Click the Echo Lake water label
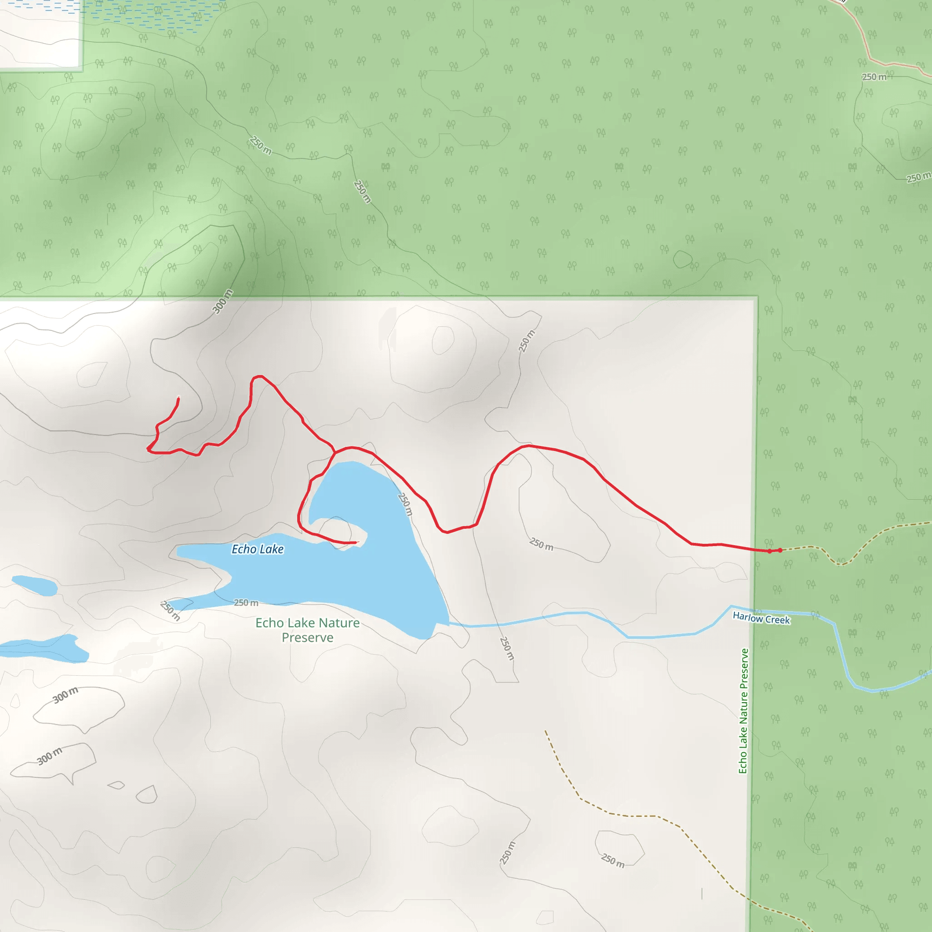[x=258, y=549]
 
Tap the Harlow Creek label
[x=761, y=618]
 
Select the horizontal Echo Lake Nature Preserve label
[x=307, y=630]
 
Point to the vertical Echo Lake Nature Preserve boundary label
[x=744, y=711]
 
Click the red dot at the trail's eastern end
[x=780, y=550]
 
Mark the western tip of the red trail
[x=148, y=449]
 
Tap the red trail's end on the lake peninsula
[x=356, y=542]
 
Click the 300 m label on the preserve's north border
[x=223, y=302]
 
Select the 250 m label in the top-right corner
[x=874, y=77]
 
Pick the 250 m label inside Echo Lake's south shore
[x=246, y=603]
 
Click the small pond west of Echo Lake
[x=35, y=585]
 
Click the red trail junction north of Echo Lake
[x=335, y=453]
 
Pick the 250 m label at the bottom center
[x=507, y=852]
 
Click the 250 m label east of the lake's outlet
[x=507, y=648]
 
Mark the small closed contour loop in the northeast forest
[x=682, y=259]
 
